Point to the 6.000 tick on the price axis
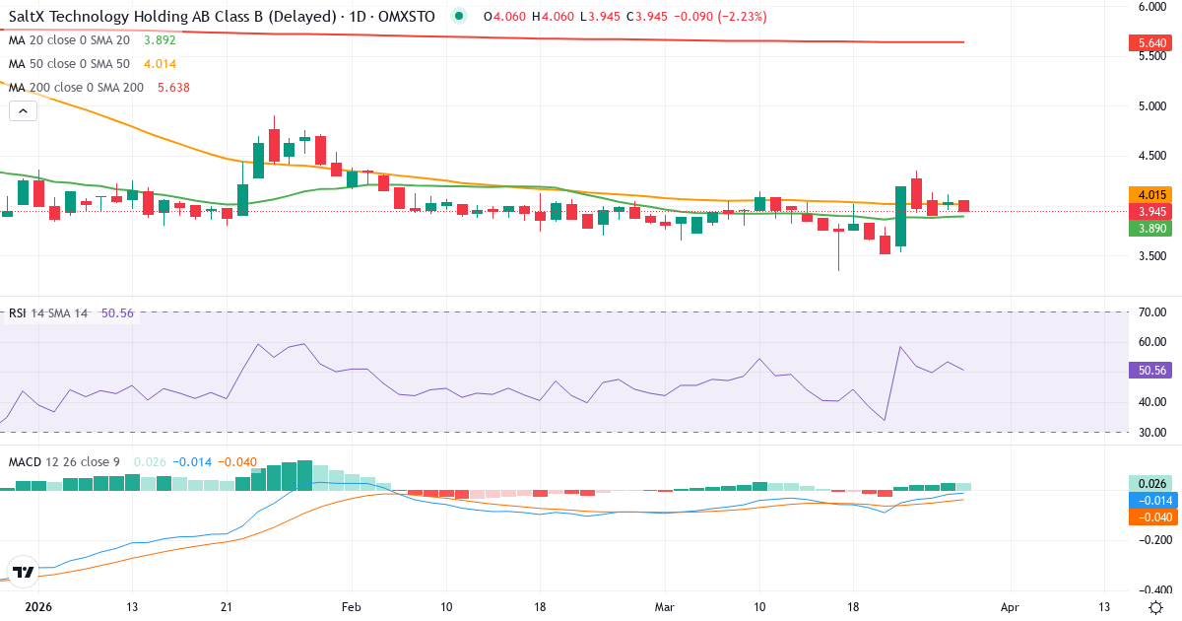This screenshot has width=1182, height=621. [1151, 6]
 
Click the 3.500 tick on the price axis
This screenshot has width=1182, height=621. [1151, 256]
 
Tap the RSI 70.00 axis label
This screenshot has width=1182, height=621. [1151, 312]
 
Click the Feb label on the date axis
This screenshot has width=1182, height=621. [351, 606]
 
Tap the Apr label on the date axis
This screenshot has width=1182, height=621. [1009, 606]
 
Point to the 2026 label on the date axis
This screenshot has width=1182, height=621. [37, 606]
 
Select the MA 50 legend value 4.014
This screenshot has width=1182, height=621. [159, 64]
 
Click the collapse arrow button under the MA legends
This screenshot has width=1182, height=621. [23, 111]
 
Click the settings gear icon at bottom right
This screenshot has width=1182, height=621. [1157, 606]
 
